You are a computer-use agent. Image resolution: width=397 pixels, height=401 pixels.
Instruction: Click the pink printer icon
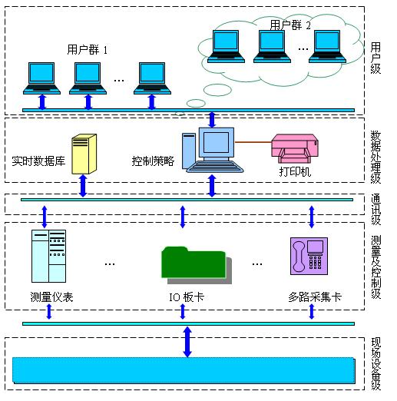click(295, 148)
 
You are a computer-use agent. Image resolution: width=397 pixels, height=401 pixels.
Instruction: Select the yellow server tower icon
click(84, 154)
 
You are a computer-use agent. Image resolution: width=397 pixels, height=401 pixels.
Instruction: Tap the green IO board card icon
click(197, 265)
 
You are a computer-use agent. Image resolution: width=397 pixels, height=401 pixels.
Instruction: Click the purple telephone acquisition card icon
click(309, 256)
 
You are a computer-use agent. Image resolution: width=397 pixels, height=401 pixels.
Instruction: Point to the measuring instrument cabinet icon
click(48, 256)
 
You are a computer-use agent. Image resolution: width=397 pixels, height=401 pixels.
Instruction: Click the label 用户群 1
click(88, 49)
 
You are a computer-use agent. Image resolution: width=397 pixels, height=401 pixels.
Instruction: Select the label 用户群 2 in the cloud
click(290, 25)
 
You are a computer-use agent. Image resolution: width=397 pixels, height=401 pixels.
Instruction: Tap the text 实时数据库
click(38, 161)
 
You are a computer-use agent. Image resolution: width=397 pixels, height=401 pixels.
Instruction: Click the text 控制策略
click(153, 161)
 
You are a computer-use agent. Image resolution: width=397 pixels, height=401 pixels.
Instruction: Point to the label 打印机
click(295, 171)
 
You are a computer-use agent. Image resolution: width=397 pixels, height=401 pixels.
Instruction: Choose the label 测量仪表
click(51, 297)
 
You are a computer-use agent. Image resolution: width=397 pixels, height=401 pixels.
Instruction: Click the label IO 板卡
click(187, 297)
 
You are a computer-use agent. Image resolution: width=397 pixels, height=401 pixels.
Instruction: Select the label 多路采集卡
click(315, 297)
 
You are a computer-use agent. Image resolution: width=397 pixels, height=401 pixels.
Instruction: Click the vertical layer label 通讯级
click(375, 210)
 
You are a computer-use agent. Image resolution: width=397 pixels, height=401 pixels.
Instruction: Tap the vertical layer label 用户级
click(375, 58)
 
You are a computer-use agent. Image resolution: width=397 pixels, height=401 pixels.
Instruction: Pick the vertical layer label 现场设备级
click(375, 363)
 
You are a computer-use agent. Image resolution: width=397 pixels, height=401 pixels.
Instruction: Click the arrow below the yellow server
click(83, 186)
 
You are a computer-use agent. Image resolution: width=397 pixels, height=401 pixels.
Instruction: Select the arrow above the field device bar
click(187, 342)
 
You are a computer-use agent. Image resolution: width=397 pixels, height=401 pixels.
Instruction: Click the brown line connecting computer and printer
click(253, 141)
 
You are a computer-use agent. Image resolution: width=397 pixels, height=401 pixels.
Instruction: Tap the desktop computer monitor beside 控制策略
click(217, 143)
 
